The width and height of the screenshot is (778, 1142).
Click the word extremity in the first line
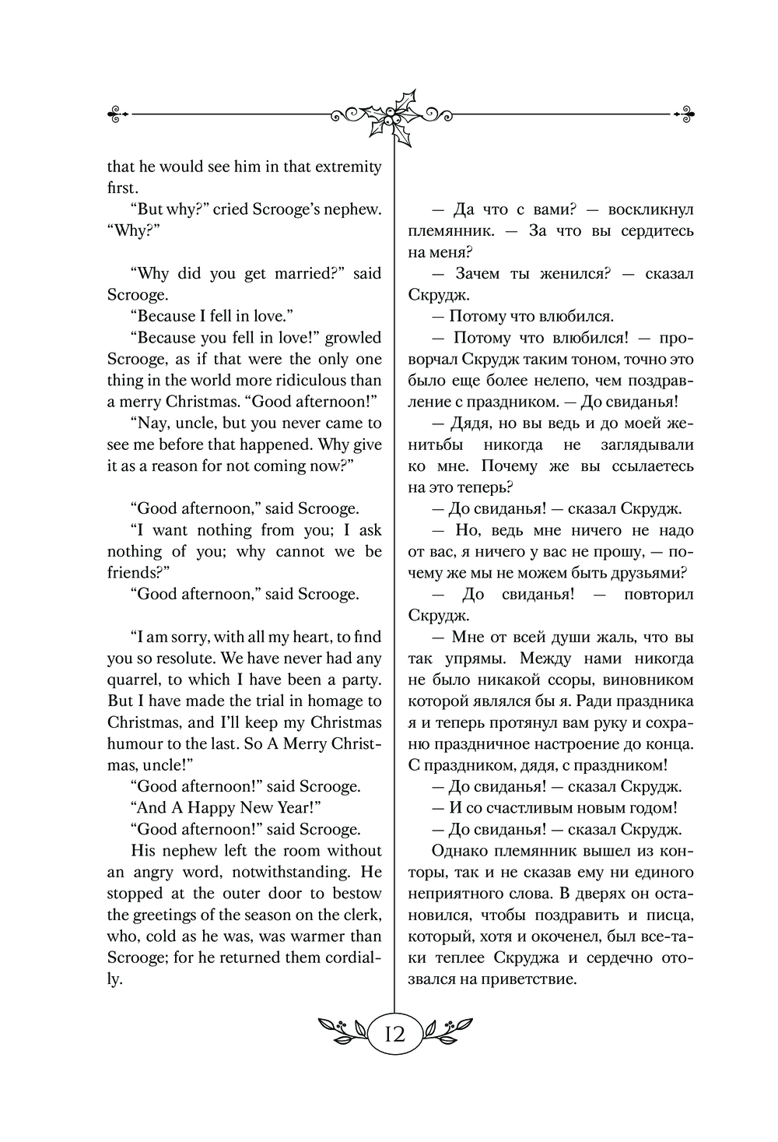coord(342,167)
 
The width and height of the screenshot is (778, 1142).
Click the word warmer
coord(314,936)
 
